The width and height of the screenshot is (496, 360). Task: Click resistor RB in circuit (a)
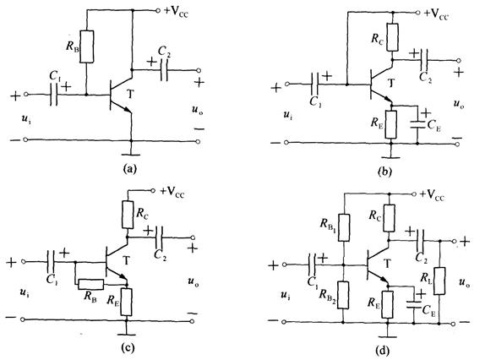86,46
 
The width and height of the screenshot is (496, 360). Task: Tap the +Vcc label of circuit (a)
177,12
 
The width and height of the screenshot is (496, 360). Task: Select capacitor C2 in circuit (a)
164,70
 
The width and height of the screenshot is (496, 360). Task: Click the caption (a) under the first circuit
129,168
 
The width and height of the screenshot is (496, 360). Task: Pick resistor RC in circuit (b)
392,37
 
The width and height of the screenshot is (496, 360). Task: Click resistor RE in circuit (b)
391,124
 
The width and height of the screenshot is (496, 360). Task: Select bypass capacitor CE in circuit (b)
417,124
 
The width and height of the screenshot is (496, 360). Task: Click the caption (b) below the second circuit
384,172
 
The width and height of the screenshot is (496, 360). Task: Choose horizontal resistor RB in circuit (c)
90,285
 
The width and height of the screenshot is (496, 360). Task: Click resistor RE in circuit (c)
126,302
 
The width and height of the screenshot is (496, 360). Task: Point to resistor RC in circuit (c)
128,214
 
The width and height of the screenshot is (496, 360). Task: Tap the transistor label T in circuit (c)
127,260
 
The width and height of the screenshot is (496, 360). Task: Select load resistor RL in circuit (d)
439,281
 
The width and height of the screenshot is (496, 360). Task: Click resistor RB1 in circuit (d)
344,227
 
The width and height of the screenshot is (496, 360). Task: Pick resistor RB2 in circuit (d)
343,295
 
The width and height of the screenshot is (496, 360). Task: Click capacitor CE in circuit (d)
414,304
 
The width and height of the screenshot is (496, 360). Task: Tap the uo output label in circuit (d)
464,282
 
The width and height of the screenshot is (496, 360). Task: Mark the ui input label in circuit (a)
25,119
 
